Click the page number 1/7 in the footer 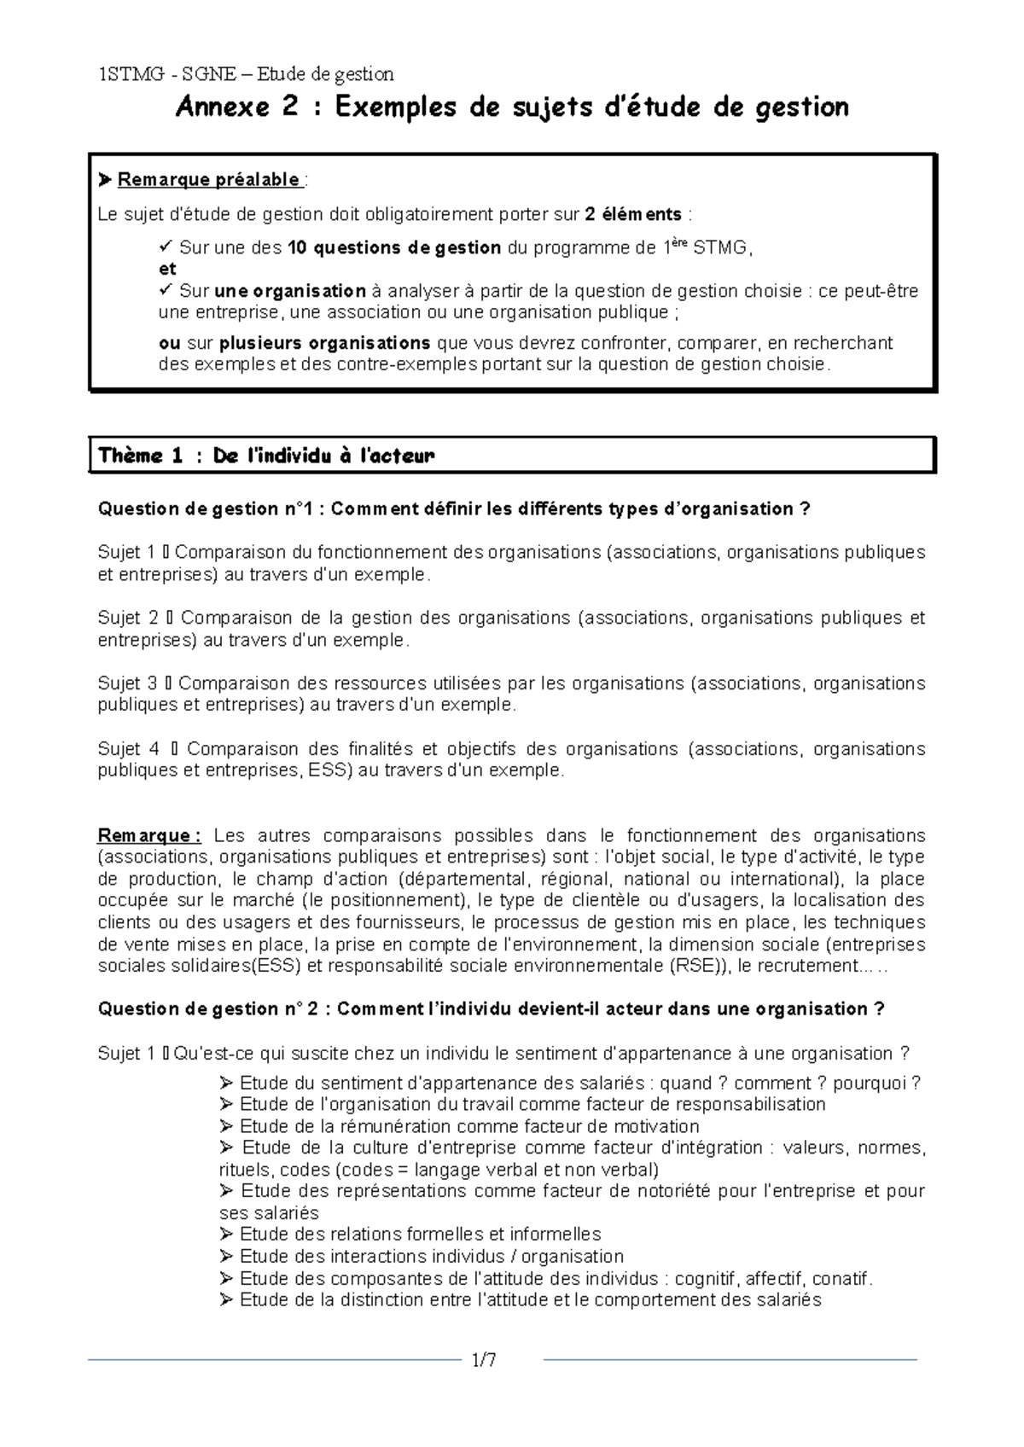[x=484, y=1360]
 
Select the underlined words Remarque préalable [x=208, y=179]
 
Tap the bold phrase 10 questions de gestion [x=394, y=248]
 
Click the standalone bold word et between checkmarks [x=167, y=270]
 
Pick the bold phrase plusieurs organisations [x=324, y=343]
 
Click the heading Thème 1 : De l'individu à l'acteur [x=266, y=456]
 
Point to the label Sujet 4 [x=128, y=749]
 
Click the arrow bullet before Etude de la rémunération [x=226, y=1126]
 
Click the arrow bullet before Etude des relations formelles [x=226, y=1235]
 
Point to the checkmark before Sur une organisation [x=166, y=291]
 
